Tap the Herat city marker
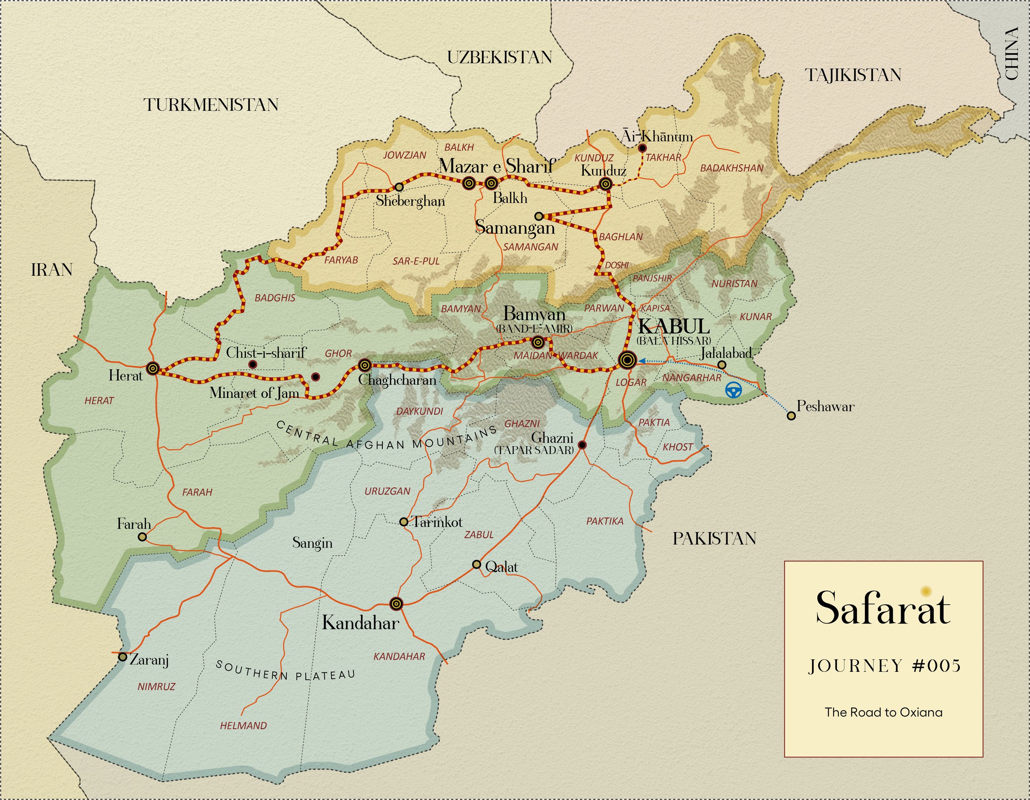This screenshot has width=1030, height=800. pyautogui.click(x=152, y=368)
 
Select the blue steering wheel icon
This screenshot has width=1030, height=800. pyautogui.click(x=733, y=390)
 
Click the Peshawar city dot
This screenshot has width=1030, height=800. pyautogui.click(x=791, y=416)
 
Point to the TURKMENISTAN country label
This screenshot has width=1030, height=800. pyautogui.click(x=211, y=105)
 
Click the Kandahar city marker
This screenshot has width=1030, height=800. pyautogui.click(x=397, y=603)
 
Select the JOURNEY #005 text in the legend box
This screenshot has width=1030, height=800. pyautogui.click(x=884, y=666)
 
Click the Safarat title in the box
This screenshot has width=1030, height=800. pyautogui.click(x=883, y=608)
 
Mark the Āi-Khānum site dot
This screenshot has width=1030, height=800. pyautogui.click(x=642, y=148)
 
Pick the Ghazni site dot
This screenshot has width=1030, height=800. pyautogui.click(x=582, y=445)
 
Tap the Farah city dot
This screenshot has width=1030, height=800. pyautogui.click(x=143, y=536)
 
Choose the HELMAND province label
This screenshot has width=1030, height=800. pyautogui.click(x=243, y=725)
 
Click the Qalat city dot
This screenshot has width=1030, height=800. pyautogui.click(x=477, y=565)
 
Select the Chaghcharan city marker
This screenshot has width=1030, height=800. pyautogui.click(x=364, y=365)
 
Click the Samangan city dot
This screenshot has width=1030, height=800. pyautogui.click(x=538, y=216)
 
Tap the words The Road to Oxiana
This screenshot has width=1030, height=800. pyautogui.click(x=883, y=712)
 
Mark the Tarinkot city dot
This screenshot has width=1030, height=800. pyautogui.click(x=404, y=522)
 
